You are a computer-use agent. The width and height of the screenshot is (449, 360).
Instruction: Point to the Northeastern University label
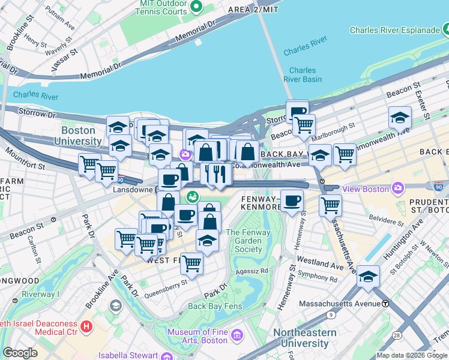pyautogui.click(x=309, y=338)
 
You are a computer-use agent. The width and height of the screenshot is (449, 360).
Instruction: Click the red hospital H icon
pyautogui.click(x=86, y=327)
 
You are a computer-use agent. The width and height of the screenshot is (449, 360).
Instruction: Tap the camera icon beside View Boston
pyautogui.click(x=397, y=189)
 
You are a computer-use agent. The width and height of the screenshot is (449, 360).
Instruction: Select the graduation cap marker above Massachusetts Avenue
pyautogui.click(x=368, y=277)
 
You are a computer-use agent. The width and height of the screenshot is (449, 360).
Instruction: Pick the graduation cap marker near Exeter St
pyautogui.click(x=400, y=118)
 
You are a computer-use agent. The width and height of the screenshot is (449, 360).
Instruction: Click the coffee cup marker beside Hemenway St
pyautogui.click(x=292, y=200)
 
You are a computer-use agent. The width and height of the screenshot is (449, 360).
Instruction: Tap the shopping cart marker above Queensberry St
pyautogui.click(x=191, y=262)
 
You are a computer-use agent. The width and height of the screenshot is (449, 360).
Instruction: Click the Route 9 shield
pyautogui.click(x=331, y=314)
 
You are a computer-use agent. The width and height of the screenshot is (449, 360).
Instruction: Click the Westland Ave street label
pyautogui.click(x=320, y=263)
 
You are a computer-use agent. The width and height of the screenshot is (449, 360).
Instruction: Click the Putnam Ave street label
pyautogui.click(x=62, y=26)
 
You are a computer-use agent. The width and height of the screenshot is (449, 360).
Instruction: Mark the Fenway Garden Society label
pyautogui.click(x=244, y=241)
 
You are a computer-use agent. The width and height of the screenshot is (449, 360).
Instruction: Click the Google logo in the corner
pyautogui.click(x=20, y=353)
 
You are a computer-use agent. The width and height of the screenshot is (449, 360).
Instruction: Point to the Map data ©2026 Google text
pyautogui.click(x=411, y=355)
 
